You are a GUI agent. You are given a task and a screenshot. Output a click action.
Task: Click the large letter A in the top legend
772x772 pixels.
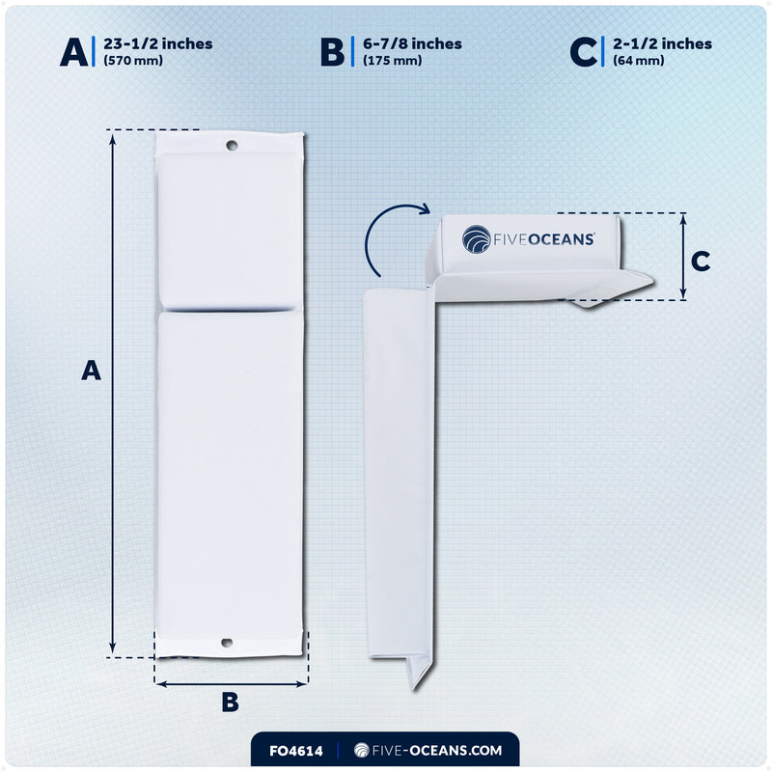[74, 52]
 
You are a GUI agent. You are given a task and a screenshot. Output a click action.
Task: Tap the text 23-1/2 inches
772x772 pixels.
[158, 43]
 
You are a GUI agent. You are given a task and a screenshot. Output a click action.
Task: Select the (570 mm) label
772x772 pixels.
[133, 61]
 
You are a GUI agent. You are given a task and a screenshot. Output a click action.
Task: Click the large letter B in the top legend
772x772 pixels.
[332, 52]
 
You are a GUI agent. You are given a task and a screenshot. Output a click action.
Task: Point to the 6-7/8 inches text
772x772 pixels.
[412, 43]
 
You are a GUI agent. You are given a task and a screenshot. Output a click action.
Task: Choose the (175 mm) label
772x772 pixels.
[392, 61]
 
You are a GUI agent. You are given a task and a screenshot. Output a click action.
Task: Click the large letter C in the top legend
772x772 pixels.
[583, 52]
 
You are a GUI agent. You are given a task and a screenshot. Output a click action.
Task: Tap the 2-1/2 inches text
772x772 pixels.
[662, 43]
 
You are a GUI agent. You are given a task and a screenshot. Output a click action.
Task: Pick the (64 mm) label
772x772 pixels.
[638, 61]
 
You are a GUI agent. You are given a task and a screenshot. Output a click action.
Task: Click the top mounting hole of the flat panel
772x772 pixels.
[232, 146]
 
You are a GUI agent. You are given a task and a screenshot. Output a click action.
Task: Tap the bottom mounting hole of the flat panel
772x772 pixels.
[227, 643]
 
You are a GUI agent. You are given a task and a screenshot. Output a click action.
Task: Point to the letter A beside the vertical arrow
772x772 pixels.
[91, 371]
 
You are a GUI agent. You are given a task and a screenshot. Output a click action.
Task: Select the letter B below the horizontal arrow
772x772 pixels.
[230, 703]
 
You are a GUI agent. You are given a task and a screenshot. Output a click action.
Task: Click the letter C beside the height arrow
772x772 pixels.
[701, 261]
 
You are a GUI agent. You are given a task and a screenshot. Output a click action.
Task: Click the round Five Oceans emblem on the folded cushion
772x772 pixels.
[476, 238]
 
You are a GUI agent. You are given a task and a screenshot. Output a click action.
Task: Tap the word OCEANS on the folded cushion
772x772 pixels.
[562, 239]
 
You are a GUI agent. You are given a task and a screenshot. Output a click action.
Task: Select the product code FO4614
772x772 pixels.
[296, 751]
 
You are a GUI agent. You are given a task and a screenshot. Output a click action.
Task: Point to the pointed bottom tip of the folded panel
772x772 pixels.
[414, 689]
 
